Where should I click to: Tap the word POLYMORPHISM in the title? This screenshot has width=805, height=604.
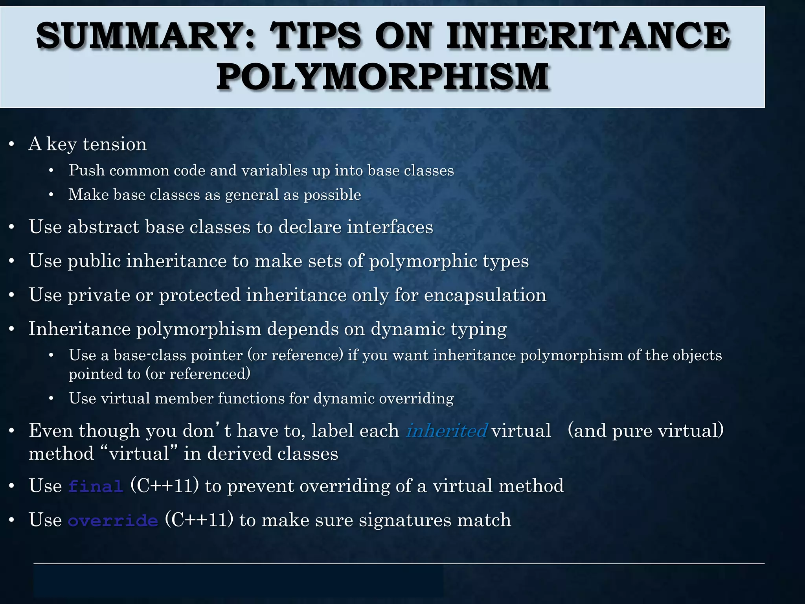(382, 77)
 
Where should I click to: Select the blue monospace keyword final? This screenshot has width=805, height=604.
(96, 486)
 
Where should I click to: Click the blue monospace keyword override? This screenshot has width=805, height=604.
(113, 521)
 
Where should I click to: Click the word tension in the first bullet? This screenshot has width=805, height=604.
(115, 144)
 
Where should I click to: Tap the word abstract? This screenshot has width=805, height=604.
(103, 227)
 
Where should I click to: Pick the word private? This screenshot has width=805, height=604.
(99, 295)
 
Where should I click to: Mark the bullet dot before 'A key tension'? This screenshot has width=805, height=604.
(12, 144)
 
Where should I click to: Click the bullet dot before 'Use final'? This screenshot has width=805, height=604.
(12, 486)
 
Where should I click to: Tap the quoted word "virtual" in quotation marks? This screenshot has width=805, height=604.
(139, 453)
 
